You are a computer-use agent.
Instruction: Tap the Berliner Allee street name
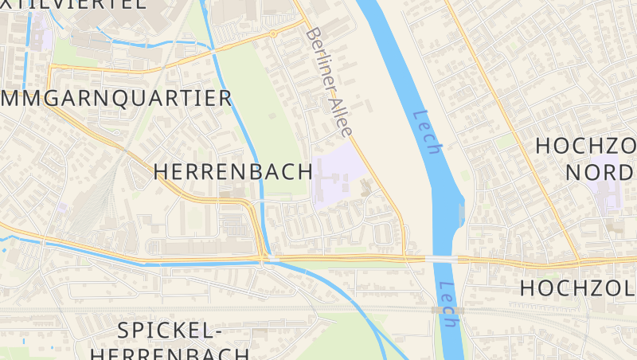tap(329, 80)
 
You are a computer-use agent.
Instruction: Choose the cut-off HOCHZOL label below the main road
tap(578, 288)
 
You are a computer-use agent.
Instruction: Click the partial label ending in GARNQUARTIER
tap(115, 98)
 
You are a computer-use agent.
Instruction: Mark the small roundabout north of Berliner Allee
tap(273, 34)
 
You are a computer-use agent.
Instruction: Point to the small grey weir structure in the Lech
tap(462, 213)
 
